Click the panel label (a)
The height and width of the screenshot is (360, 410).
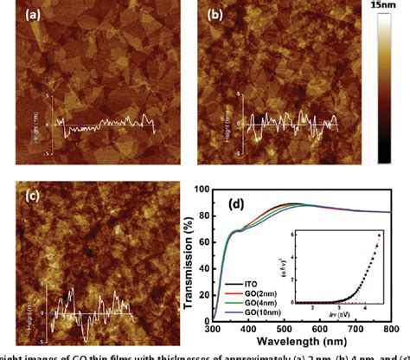[x=17, y=16]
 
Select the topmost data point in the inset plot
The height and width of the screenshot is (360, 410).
[x=378, y=235]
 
